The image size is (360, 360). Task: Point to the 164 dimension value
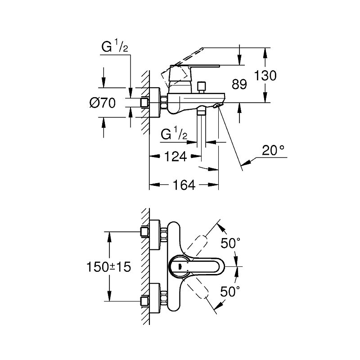pyautogui.click(x=184, y=185)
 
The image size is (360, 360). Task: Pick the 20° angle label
pyautogui.click(x=274, y=150)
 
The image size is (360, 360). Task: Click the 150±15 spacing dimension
pyautogui.click(x=108, y=266)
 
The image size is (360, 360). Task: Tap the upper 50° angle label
pyautogui.click(x=231, y=243)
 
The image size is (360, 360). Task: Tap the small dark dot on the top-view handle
pyautogui.click(x=180, y=266)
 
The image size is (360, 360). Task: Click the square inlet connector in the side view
pyautogui.click(x=145, y=103)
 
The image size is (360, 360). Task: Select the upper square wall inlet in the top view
pyautogui.click(x=145, y=232)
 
